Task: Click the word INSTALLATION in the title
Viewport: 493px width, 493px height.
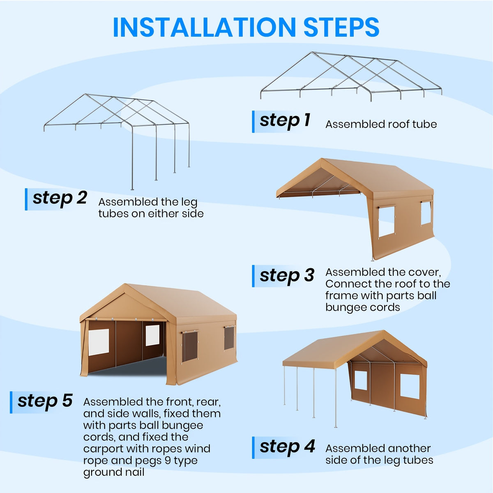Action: pyautogui.click(x=205, y=28)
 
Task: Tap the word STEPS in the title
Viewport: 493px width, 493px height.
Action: pyautogui.click(x=341, y=28)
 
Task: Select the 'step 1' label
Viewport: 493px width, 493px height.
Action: pyautogui.click(x=285, y=121)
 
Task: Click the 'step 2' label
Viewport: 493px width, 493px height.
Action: pyautogui.click(x=60, y=198)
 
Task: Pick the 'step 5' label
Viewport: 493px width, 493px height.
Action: pyautogui.click(x=45, y=401)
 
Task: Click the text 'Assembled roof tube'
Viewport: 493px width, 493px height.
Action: pyautogui.click(x=381, y=124)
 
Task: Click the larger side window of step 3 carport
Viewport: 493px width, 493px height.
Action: pyautogui.click(x=386, y=221)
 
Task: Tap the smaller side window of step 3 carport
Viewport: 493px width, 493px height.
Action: pyautogui.click(x=426, y=213)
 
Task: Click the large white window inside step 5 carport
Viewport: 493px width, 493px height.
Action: pyautogui.click(x=99, y=342)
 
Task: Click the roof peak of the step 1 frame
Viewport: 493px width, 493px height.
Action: pyautogui.click(x=311, y=53)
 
